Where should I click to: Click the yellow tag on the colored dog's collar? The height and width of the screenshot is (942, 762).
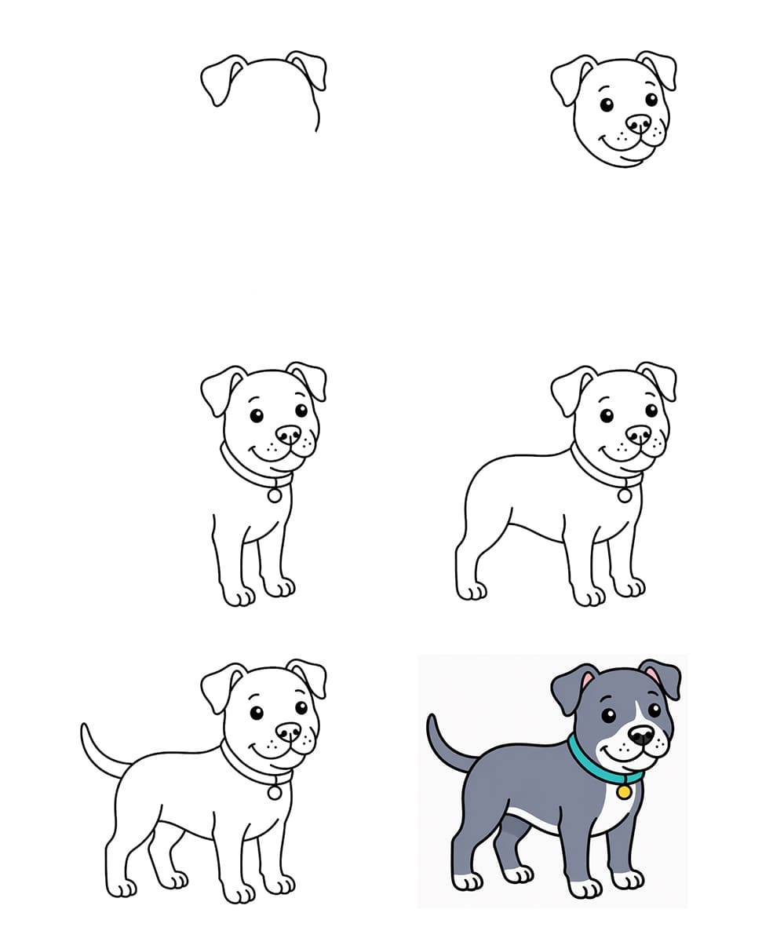click(x=624, y=792)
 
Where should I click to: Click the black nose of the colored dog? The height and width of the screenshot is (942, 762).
click(x=641, y=735)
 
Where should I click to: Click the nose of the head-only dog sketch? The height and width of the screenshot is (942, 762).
click(x=638, y=124)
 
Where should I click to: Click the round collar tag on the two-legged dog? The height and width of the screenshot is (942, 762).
click(x=275, y=495)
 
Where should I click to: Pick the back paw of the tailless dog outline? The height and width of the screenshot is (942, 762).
click(x=472, y=590)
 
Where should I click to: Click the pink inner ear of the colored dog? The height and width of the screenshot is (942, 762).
click(x=586, y=681)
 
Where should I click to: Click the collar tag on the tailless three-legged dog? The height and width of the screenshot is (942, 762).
click(x=625, y=495)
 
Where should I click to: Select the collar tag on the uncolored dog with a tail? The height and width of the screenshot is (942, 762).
click(x=275, y=793)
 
